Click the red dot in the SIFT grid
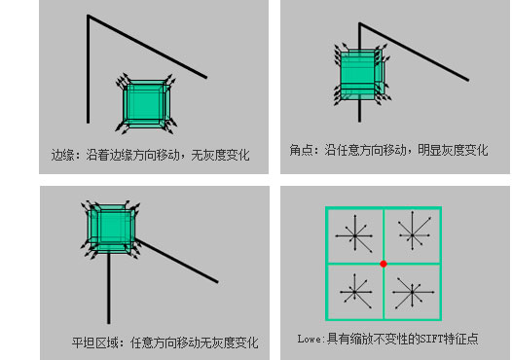(x=383, y=264)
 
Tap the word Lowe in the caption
(x=311, y=340)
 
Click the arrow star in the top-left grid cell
(x=354, y=234)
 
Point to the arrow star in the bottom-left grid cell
(x=354, y=289)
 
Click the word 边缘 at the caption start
(x=63, y=154)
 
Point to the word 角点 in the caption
(x=300, y=151)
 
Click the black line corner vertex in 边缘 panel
(x=89, y=17)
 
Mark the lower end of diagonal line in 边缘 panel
(x=205, y=76)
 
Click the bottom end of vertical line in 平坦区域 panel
(x=108, y=322)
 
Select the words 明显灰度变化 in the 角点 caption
(x=454, y=151)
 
